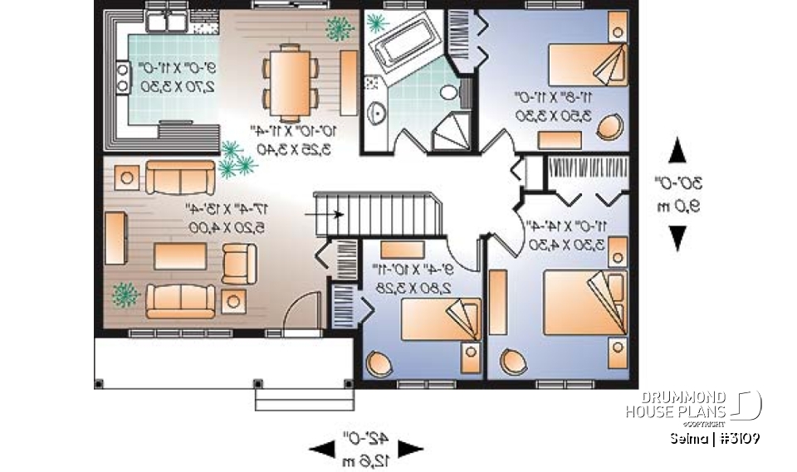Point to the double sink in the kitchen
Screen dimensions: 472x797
pos(175,21)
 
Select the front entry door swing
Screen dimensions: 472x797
pos(296,319)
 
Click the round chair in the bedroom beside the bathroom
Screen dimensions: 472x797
pos(612,126)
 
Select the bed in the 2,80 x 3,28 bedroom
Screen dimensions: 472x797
pos(436,320)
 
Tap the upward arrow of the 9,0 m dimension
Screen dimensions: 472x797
pos(678,153)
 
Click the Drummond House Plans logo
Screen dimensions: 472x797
pos(702,406)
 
